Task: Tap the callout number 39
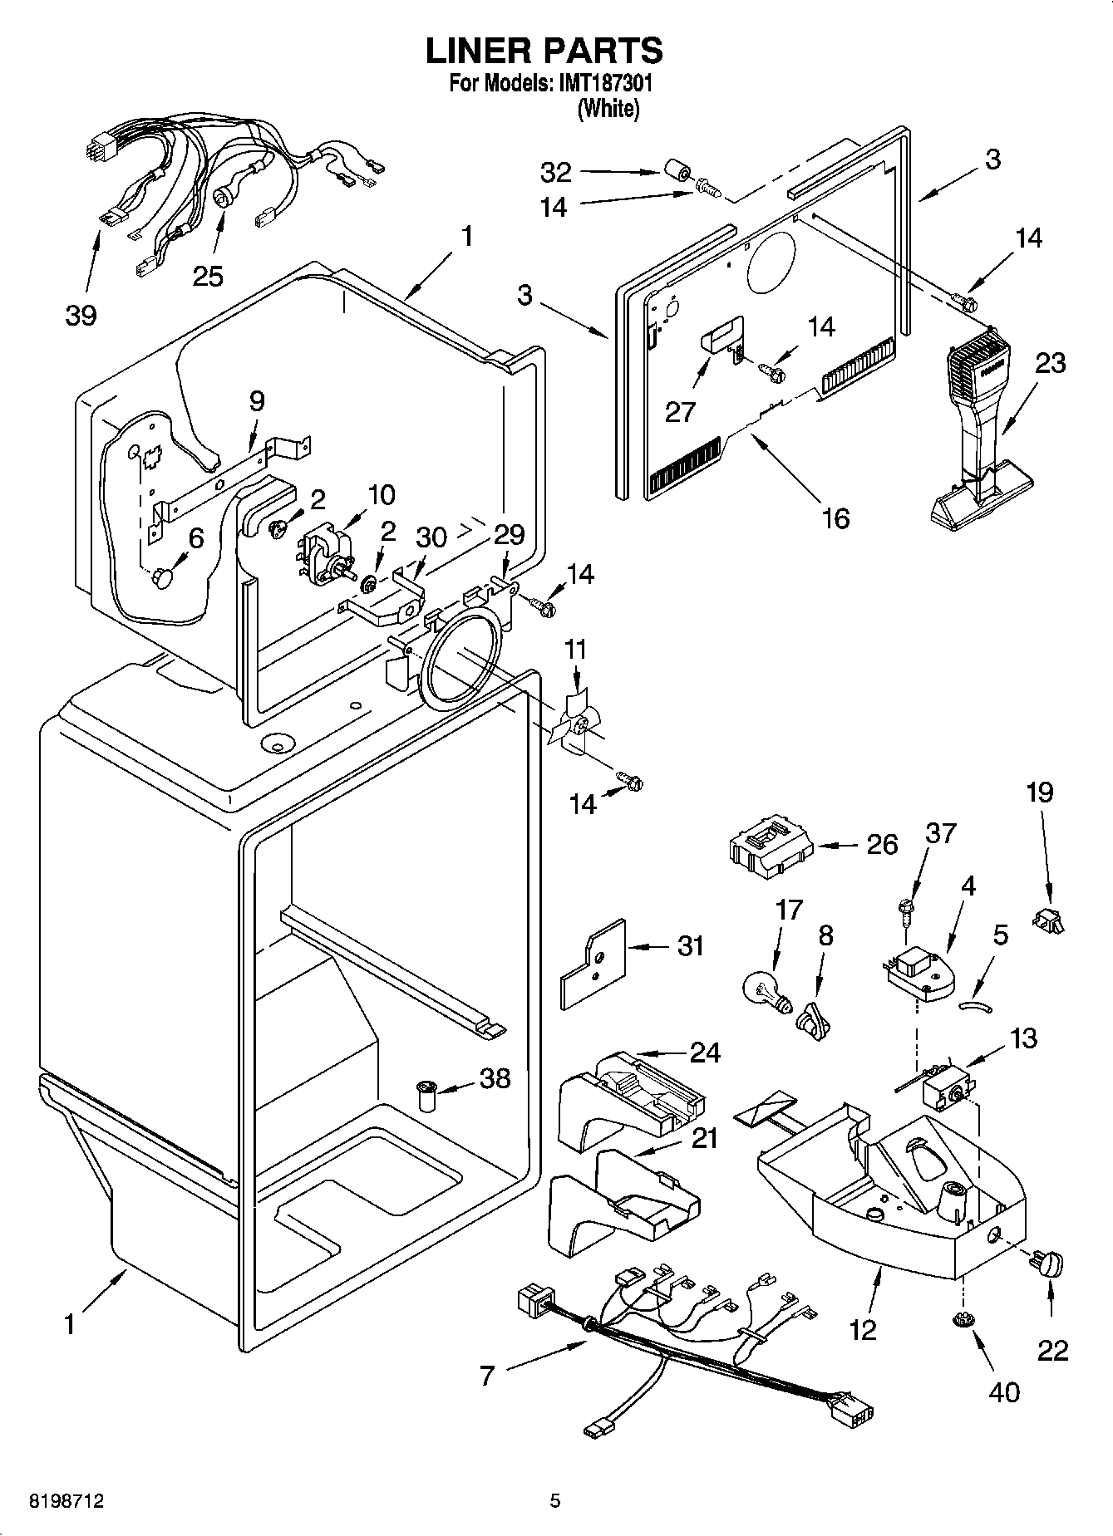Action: pos(81,315)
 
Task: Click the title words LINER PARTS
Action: pos(544,51)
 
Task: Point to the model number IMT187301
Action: pos(600,84)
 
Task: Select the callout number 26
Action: pos(882,845)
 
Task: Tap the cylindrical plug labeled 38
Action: pos(428,1095)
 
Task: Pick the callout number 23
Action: pos(1050,363)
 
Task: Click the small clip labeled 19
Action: pos(1049,920)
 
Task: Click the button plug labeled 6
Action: pos(163,577)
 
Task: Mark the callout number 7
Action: pos(487,1376)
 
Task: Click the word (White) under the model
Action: pos(608,108)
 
